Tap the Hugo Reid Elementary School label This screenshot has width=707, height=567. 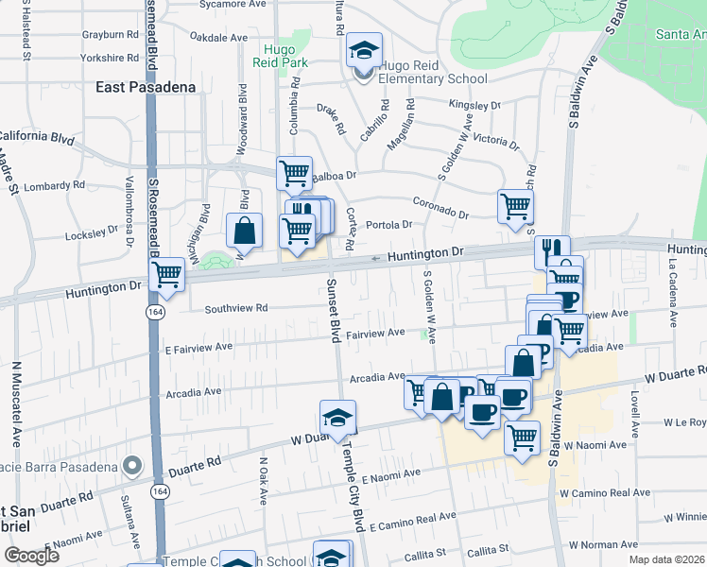point(434,72)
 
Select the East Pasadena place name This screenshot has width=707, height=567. point(146,87)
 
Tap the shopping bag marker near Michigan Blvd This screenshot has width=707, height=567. point(244,231)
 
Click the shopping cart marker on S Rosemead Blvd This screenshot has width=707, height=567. point(167,275)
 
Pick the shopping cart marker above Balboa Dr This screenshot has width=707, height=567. point(294,173)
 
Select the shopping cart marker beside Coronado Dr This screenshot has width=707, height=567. point(515,206)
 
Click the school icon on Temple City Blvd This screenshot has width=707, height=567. point(337,417)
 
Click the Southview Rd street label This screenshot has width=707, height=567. point(236,308)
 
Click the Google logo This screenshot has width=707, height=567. point(31,556)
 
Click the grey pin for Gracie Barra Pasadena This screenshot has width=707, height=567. point(132,466)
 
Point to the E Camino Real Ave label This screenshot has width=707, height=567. point(413,519)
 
